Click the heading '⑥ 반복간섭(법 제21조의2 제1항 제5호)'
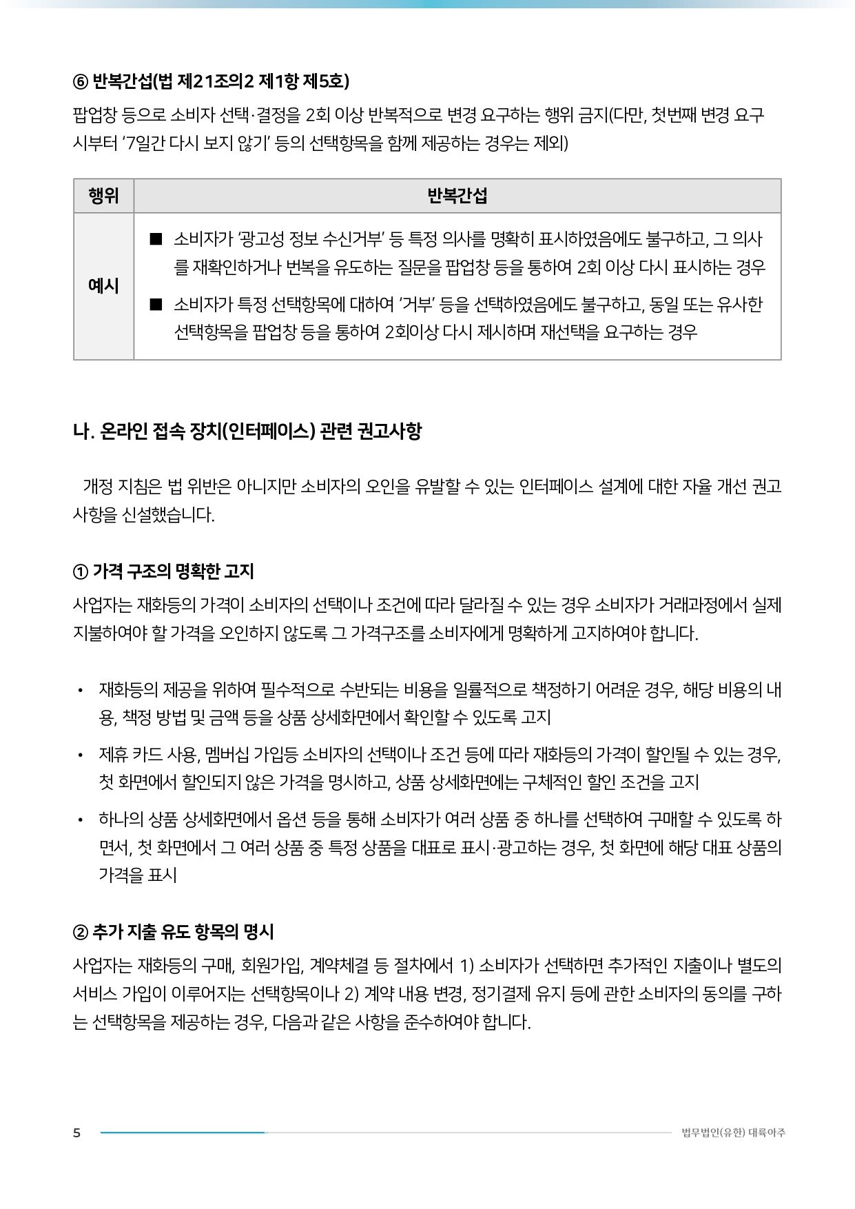(x=211, y=81)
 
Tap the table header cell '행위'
(x=103, y=196)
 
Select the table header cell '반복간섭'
(x=457, y=196)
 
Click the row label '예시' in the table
(x=103, y=286)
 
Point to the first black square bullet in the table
(x=156, y=239)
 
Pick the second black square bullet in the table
(x=156, y=304)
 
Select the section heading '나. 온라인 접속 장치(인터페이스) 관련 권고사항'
(x=247, y=431)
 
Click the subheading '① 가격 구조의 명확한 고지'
(x=163, y=571)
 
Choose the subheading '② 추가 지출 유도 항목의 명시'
(x=173, y=932)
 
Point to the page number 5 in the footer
(x=76, y=1133)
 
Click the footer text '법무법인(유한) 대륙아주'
(x=733, y=1133)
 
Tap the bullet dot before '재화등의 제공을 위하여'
(x=81, y=690)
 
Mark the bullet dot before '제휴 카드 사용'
(x=81, y=755)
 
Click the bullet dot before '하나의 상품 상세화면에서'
(x=81, y=820)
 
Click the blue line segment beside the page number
(x=183, y=1132)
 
